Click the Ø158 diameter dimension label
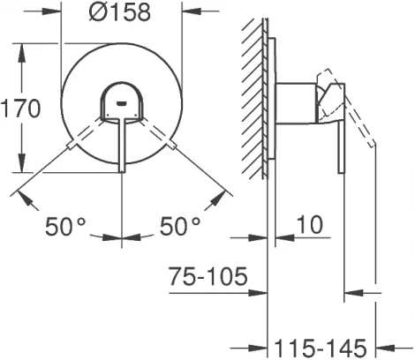coord(120,12)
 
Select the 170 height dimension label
coord(20,109)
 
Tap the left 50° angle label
coord(65,226)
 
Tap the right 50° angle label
coord(180,226)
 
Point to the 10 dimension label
coord(310,225)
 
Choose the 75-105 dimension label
coord(208,276)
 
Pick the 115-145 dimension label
coord(321,349)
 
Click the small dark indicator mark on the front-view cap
coord(122,103)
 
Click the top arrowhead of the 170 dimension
coord(21,53)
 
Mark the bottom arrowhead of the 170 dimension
coord(21,163)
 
